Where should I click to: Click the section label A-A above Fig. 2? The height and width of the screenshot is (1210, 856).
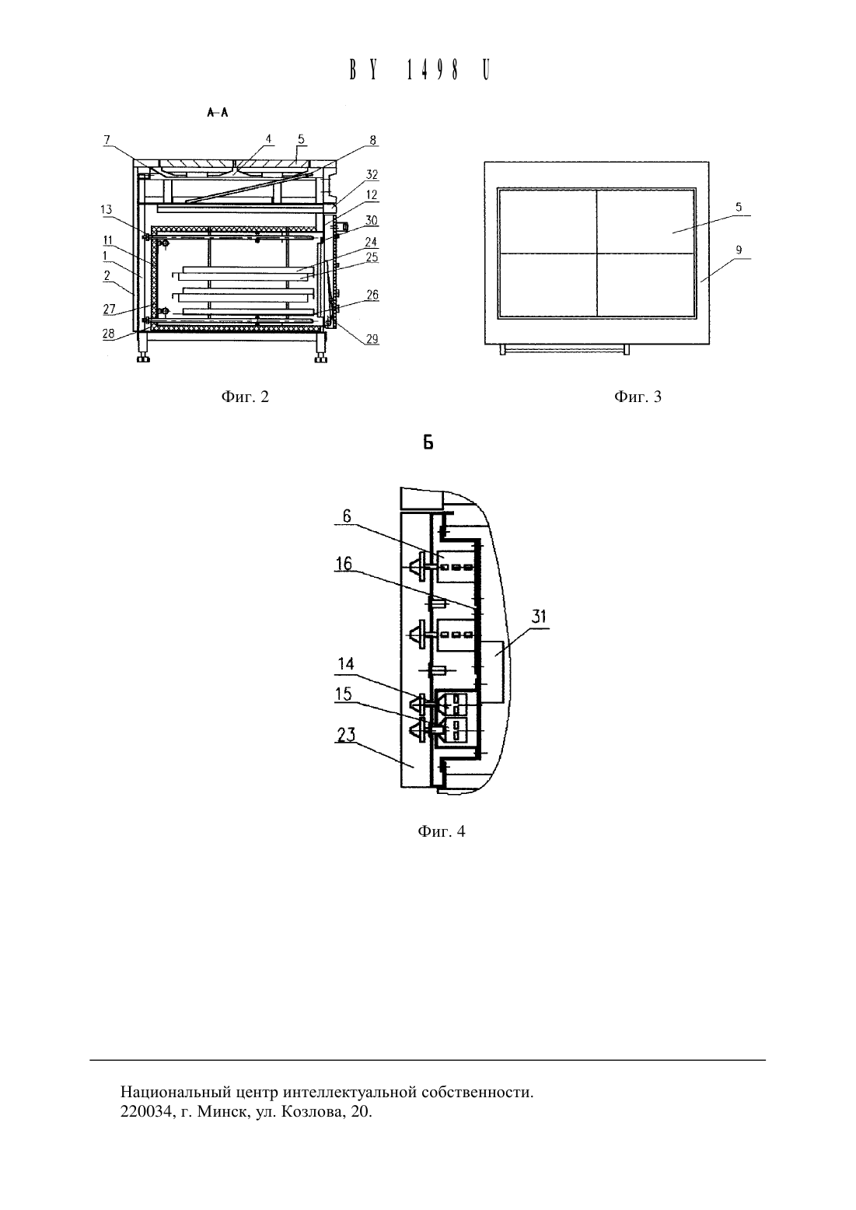click(218, 113)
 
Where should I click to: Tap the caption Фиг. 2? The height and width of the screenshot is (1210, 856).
click(245, 397)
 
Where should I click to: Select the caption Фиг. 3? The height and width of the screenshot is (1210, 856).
click(638, 397)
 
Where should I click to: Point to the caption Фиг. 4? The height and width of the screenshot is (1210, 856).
click(442, 831)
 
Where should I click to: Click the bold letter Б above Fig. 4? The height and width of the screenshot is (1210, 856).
click(428, 443)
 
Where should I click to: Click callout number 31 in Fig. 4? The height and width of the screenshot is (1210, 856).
click(539, 617)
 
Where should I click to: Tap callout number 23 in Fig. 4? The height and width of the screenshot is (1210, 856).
click(346, 735)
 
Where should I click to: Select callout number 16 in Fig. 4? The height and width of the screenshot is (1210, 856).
click(344, 564)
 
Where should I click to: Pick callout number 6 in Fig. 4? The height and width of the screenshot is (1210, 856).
click(347, 516)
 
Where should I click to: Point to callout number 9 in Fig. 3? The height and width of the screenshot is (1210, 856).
click(739, 250)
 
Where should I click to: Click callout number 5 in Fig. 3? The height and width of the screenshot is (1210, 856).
click(739, 207)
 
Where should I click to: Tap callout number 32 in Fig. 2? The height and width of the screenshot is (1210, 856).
click(372, 174)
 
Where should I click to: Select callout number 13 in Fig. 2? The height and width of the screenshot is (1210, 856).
click(107, 209)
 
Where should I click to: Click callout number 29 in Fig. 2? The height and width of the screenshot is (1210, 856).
click(372, 339)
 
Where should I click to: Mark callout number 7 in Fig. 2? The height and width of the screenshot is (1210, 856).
click(107, 140)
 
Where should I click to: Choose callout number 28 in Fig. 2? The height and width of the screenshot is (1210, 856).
click(109, 334)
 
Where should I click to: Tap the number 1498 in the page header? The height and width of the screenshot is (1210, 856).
click(433, 70)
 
